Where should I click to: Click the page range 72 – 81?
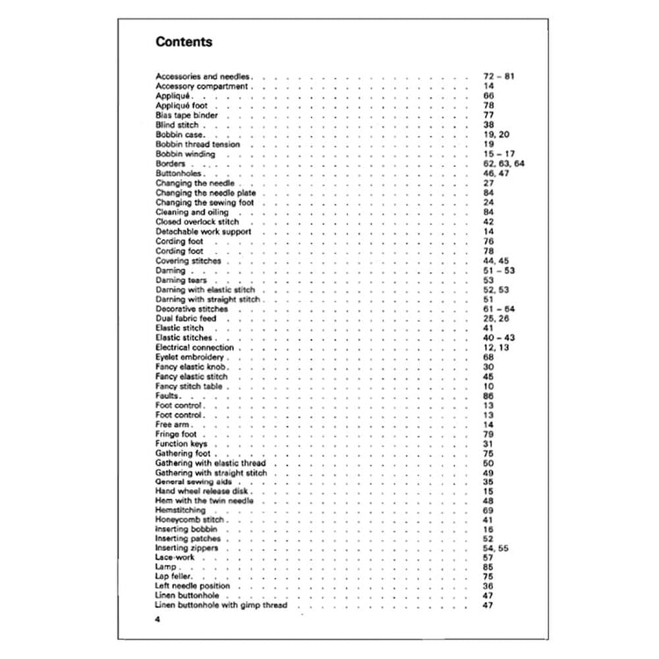click(498, 76)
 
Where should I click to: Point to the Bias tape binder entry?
click(187, 115)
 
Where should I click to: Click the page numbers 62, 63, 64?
click(503, 163)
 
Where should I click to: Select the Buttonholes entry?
click(180, 174)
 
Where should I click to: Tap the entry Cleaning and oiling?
click(192, 212)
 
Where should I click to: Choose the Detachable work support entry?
click(203, 231)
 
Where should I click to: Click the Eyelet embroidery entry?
click(191, 358)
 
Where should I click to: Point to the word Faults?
click(168, 396)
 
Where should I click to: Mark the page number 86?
click(489, 396)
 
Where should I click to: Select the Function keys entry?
click(180, 444)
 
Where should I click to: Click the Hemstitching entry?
click(181, 510)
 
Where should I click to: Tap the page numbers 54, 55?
click(496, 548)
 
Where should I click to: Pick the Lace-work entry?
click(176, 558)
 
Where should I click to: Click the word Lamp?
click(166, 568)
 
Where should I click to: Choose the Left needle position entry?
click(193, 586)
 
